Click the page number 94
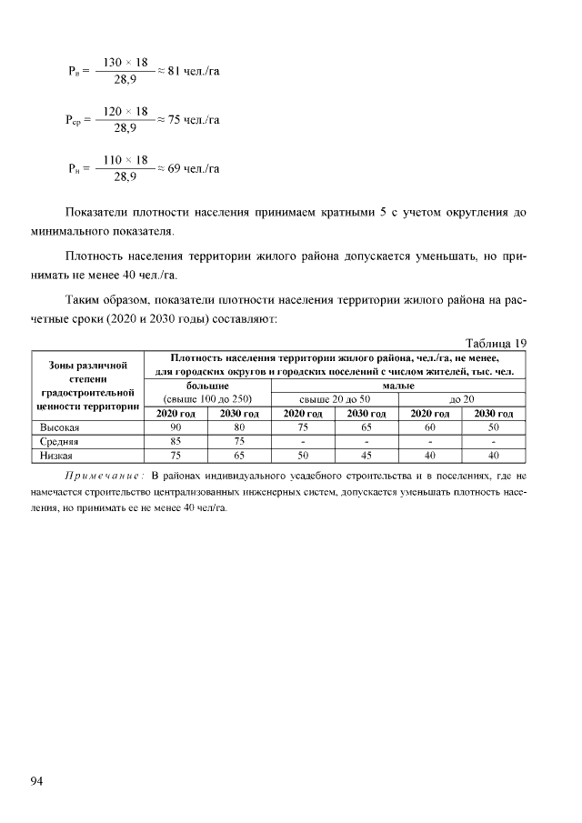pyautogui.click(x=37, y=780)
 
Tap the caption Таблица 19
pyautogui.click(x=496, y=343)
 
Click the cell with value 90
pyautogui.click(x=176, y=427)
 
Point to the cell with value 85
pyautogui.click(x=176, y=441)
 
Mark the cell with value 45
pyautogui.click(x=366, y=455)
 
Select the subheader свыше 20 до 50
pyautogui.click(x=335, y=399)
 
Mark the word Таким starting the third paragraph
pyautogui.click(x=85, y=299)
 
